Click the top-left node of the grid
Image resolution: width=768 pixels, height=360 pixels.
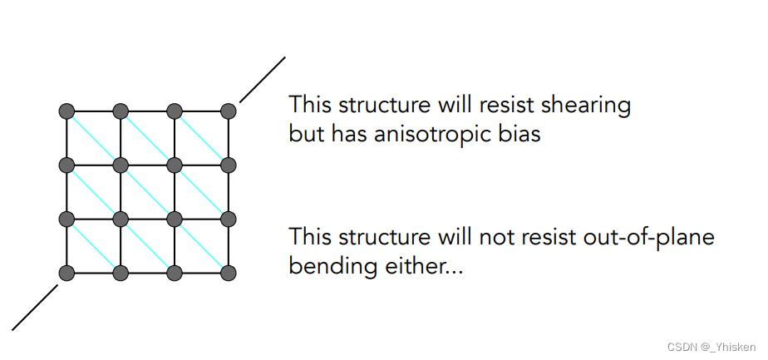tap(67, 111)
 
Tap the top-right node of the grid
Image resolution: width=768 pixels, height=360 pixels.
tap(229, 111)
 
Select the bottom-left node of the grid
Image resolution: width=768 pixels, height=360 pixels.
tap(67, 273)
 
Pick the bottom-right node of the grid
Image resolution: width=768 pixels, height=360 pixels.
tap(229, 273)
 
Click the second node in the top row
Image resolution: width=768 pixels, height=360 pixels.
tap(121, 111)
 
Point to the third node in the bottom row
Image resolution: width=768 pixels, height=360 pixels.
tap(175, 273)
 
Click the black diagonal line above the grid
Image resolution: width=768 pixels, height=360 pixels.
tap(262, 80)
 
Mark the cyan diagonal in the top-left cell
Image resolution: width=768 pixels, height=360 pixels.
tap(94, 137)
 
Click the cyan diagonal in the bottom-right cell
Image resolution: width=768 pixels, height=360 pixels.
tap(202, 245)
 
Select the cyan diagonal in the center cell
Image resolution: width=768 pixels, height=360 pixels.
tap(148, 191)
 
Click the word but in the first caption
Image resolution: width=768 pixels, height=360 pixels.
tap(305, 133)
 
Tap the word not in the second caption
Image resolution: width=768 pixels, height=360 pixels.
tap(494, 239)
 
